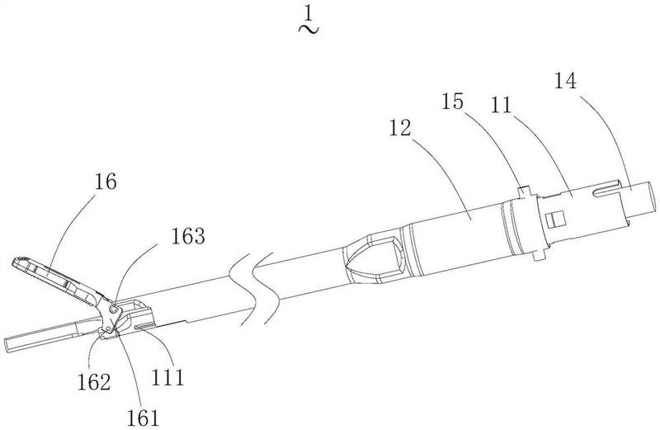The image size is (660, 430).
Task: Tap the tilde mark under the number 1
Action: pos(309,29)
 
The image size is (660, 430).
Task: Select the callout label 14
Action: pos(565,81)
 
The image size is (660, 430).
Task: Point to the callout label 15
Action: pos(452,102)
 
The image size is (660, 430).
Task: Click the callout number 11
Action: pos(502,105)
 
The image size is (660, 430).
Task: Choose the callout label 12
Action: pos(400,128)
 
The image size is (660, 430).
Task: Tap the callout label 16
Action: pos(106,182)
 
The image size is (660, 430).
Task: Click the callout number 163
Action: pos(188,236)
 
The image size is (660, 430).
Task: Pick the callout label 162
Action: pos(94,382)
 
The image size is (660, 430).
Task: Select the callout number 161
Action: pos(144,418)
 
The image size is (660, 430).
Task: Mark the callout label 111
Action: pos(168,377)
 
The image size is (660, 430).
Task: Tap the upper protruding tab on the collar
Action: pos(526,191)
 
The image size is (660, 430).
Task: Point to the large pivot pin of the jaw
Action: pos(113,310)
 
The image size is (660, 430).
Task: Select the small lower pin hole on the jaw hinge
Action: pos(109,328)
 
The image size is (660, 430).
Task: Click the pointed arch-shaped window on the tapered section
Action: pos(372,259)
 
